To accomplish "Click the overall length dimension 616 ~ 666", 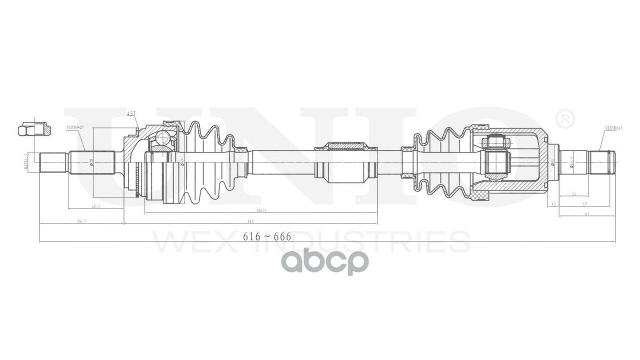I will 266,237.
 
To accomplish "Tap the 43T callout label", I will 131,114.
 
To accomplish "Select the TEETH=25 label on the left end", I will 75,128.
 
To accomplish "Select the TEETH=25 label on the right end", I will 613,128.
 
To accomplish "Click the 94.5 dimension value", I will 81,220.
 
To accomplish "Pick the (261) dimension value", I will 260,210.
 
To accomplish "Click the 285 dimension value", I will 250,221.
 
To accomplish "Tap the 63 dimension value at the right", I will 587,214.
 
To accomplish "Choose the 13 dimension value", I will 552,204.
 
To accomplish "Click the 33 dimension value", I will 573,193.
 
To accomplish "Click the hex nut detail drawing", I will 34,129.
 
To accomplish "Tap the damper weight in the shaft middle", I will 345,162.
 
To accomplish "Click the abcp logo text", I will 324,262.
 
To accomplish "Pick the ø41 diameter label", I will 552,162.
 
